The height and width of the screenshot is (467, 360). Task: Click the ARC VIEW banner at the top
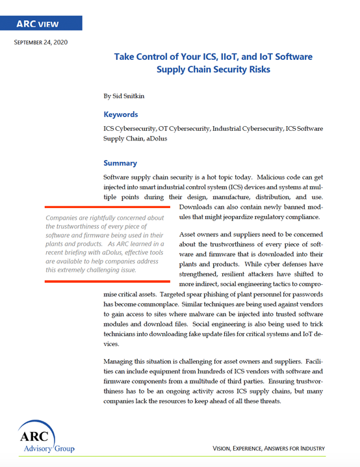(41, 23)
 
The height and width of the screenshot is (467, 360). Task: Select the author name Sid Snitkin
(133, 96)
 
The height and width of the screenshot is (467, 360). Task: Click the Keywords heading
(121, 114)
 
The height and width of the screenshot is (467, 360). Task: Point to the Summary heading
(120, 163)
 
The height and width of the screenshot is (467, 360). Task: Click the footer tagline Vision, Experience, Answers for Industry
(269, 449)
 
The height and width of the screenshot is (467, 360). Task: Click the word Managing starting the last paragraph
(122, 361)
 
